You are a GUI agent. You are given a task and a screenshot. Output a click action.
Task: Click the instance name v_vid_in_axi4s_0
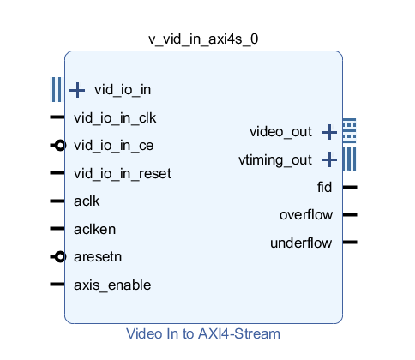click(203, 39)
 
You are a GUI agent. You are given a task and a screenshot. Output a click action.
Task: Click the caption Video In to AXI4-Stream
click(203, 333)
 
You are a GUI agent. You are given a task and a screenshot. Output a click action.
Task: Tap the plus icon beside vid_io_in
click(77, 89)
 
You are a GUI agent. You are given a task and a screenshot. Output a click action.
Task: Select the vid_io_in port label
click(123, 89)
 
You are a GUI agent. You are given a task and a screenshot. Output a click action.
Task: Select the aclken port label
click(94, 229)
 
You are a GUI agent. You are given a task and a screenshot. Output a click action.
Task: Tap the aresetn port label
click(98, 256)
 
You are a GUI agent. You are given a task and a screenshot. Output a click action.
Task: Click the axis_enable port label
click(107, 285)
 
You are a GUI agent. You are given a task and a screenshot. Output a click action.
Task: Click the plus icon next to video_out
click(328, 131)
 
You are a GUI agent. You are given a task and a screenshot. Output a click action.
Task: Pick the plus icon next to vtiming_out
click(328, 159)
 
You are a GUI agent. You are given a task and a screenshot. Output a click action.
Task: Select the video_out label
click(280, 131)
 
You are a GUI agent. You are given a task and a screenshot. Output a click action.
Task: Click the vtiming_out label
click(274, 159)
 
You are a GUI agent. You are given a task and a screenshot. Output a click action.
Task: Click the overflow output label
click(305, 214)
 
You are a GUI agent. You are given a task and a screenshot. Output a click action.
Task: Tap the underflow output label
click(301, 243)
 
